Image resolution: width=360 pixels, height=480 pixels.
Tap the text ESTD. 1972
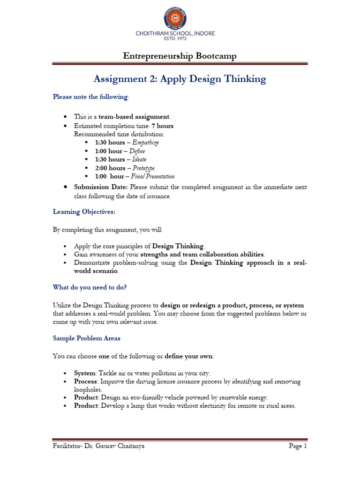[x=180, y=40]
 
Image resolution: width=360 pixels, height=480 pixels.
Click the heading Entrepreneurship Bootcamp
[x=180, y=56]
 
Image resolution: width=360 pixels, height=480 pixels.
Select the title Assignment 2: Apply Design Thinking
[x=180, y=79]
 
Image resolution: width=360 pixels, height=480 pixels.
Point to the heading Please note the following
[x=90, y=97]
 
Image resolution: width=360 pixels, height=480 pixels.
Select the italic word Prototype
[x=143, y=168]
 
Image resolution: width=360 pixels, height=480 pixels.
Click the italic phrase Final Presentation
[x=153, y=177]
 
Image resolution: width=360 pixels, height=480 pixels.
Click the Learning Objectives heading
[x=84, y=212]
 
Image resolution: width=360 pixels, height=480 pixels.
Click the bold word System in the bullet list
[x=85, y=373]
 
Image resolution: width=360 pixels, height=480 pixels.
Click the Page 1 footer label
[x=298, y=446]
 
